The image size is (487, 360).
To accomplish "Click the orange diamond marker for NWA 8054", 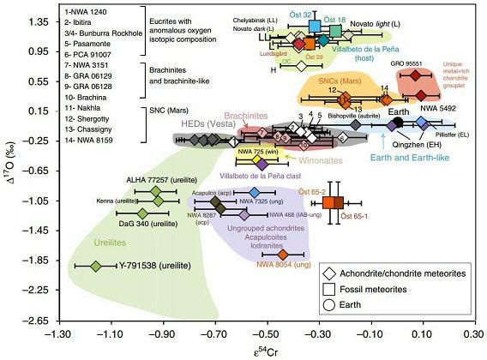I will coord(283,254).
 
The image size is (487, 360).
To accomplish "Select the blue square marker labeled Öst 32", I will coord(303,27).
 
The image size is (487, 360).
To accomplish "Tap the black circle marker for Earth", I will coord(375,122).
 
